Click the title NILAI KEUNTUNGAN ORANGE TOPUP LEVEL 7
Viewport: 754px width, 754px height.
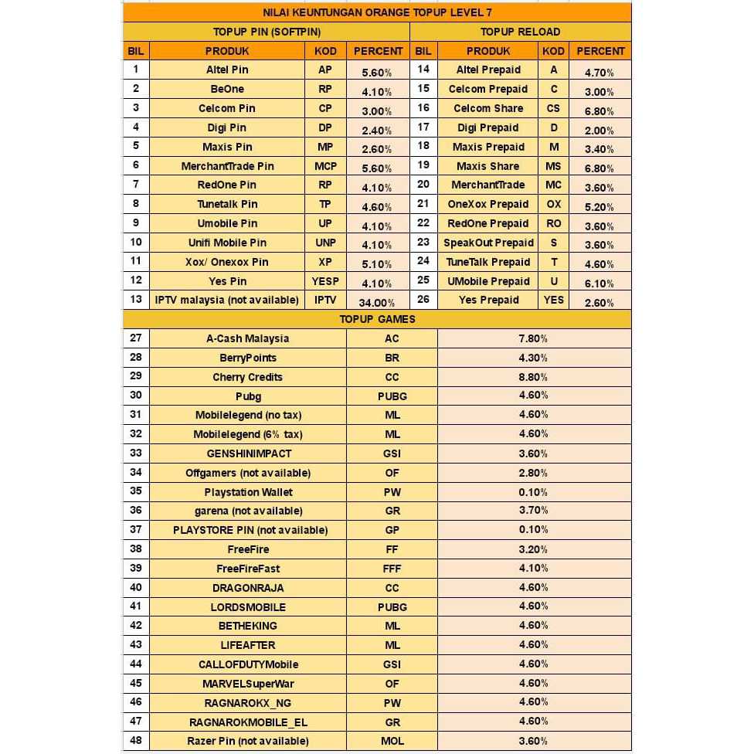tap(377, 12)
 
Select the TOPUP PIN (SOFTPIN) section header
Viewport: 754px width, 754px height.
tap(267, 32)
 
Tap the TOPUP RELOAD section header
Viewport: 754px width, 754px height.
tap(520, 32)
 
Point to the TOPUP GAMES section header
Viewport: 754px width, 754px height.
tap(377, 319)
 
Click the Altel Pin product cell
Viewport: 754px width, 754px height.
tap(227, 70)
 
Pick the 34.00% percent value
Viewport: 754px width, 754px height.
tap(377, 303)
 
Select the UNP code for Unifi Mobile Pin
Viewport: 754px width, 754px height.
tap(325, 243)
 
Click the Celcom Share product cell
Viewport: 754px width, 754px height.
tap(488, 108)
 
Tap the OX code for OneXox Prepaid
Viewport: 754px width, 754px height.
tap(554, 204)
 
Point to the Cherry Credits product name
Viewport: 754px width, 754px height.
tap(247, 377)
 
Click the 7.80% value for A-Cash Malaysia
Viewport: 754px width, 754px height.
tap(533, 338)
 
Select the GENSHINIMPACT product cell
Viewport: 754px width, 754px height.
tap(249, 453)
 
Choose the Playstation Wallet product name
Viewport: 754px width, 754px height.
tap(248, 492)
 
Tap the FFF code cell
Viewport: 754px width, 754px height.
tap(392, 569)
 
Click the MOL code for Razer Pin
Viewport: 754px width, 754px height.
tap(392, 741)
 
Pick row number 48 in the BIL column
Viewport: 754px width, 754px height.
tap(136, 741)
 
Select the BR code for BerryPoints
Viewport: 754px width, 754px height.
tap(392, 358)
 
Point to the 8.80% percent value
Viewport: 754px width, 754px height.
tap(533, 377)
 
